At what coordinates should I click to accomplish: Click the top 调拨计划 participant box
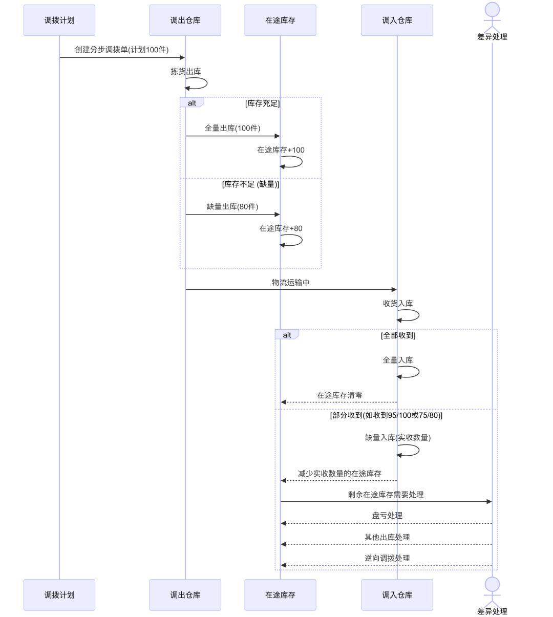pos(59,20)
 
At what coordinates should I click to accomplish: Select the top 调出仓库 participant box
pos(185,20)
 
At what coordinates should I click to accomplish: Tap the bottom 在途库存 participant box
pos(280,595)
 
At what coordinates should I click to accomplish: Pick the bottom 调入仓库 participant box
pos(397,595)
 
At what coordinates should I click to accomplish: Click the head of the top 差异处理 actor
pos(492,10)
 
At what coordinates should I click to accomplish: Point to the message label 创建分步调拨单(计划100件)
pos(122,50)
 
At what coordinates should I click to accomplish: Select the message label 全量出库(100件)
pos(232,128)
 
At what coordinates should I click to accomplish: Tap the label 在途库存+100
pos(281,150)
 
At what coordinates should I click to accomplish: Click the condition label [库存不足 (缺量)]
pos(250,184)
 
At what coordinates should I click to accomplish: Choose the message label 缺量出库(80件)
pos(232,206)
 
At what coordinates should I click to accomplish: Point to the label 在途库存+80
pos(281,228)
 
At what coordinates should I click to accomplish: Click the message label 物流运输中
pos(291,282)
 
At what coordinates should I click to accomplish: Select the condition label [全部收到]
pos(398,335)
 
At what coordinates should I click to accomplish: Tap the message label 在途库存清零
pos(339,395)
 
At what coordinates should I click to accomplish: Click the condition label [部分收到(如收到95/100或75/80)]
pos(386,415)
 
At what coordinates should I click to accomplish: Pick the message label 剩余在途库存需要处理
pos(386,495)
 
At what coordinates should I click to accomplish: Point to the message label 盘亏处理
pos(387,516)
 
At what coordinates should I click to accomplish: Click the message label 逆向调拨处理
pos(387,558)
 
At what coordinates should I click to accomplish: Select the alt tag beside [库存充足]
pos(192,103)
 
